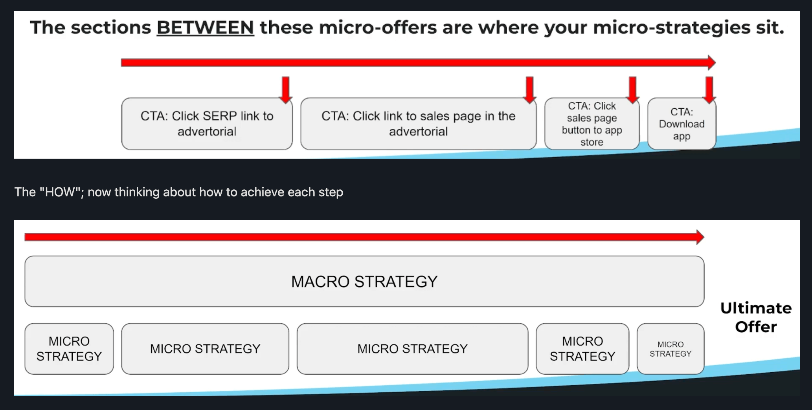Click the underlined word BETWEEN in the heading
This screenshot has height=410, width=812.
tap(205, 27)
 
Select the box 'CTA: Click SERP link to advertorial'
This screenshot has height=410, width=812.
tap(207, 124)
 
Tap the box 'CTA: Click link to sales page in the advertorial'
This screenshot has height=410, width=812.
tap(418, 124)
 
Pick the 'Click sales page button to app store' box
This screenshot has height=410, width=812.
tap(592, 124)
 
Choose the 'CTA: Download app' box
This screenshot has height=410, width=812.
tap(682, 124)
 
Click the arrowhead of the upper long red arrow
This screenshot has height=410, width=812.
tap(711, 62)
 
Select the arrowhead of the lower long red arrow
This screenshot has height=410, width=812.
tap(700, 237)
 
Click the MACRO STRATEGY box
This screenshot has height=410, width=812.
tap(364, 282)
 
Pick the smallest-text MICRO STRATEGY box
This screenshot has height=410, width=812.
tap(670, 349)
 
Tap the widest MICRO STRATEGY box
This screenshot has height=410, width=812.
tap(412, 349)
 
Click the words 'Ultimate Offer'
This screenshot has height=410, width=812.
tap(756, 317)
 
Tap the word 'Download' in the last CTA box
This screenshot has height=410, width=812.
tap(682, 124)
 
